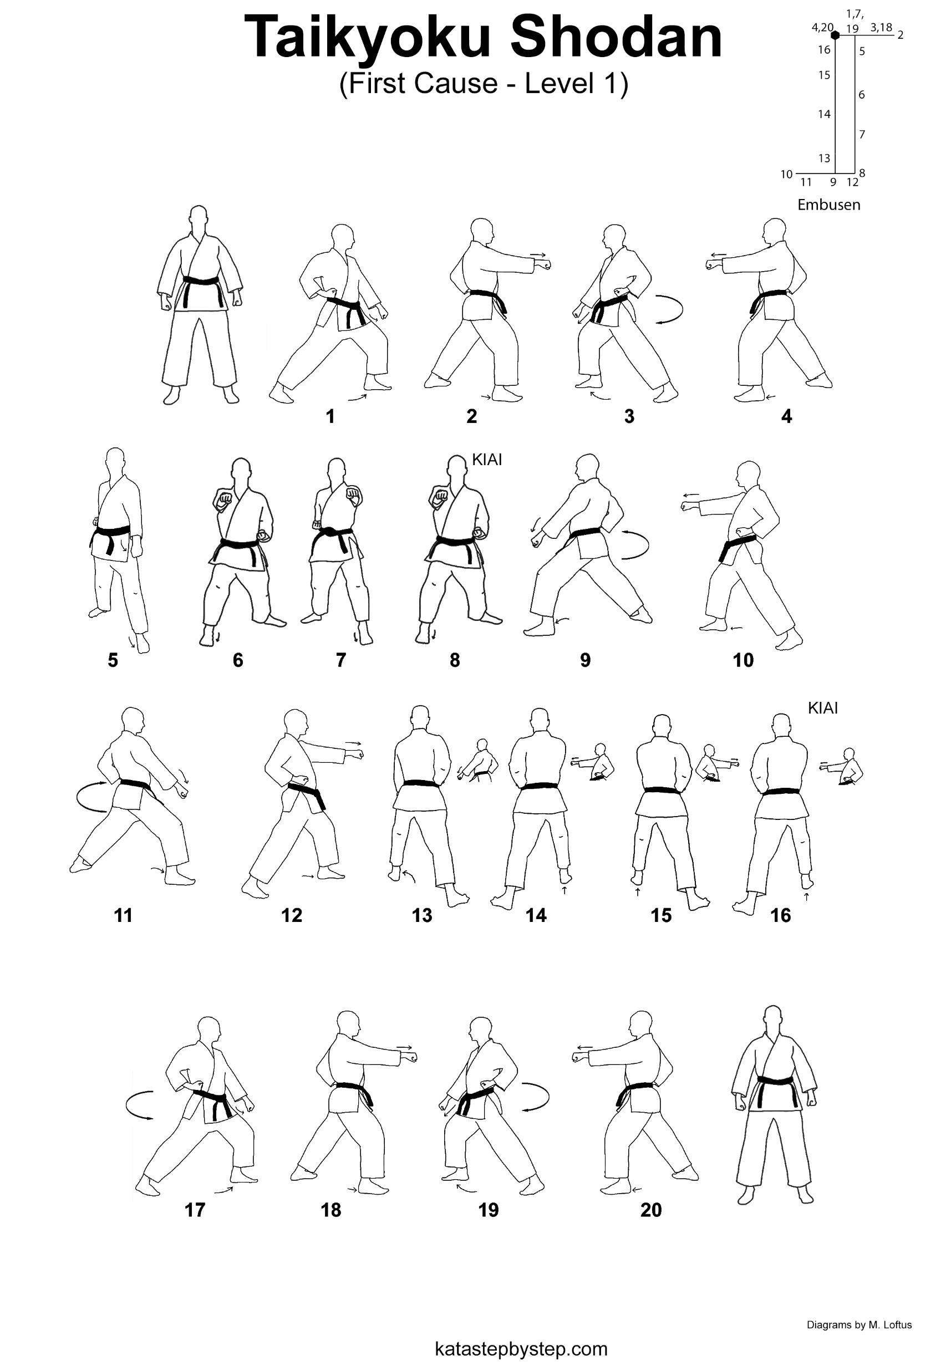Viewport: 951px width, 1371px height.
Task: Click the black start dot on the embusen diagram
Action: click(x=836, y=35)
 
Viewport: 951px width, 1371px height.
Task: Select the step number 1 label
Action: click(x=330, y=416)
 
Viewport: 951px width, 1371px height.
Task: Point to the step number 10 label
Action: click(x=743, y=660)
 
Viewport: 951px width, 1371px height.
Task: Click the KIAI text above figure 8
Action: click(x=487, y=460)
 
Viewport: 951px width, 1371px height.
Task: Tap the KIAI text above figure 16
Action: click(x=823, y=708)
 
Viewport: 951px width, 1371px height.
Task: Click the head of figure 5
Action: click(x=115, y=462)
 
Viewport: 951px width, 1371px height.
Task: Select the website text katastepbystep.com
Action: click(x=521, y=1348)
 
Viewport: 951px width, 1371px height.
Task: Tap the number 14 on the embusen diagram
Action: click(x=823, y=114)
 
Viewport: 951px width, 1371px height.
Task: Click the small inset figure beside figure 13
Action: click(x=481, y=763)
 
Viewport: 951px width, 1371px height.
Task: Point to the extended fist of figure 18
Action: click(x=410, y=1057)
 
